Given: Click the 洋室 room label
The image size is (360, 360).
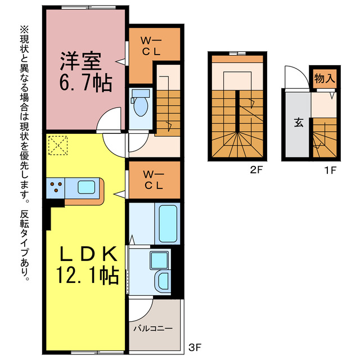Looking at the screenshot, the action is (x=80, y=61).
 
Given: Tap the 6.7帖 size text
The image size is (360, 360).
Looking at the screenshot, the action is (x=85, y=83).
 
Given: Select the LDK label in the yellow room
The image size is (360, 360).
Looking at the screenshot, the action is (x=88, y=254).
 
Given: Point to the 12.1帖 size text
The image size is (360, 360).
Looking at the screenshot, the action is (x=87, y=275).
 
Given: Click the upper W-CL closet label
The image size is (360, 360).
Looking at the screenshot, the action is (x=151, y=47).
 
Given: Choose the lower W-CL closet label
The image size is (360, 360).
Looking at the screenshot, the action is (x=154, y=180).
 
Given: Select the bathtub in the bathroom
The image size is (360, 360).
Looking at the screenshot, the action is (x=168, y=224).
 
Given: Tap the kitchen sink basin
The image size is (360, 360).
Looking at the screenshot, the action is (x=86, y=187).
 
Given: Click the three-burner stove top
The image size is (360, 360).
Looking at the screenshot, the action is (x=56, y=188).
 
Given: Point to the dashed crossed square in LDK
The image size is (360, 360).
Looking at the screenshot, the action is (x=58, y=145).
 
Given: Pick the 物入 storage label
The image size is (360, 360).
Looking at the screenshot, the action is (x=325, y=79).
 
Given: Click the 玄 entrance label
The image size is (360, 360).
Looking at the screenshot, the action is (x=299, y=123).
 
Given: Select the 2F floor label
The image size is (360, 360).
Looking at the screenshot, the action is (x=256, y=170).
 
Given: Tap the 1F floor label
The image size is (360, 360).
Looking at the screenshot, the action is (x=330, y=170).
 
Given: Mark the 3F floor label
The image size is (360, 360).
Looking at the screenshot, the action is (x=195, y=348).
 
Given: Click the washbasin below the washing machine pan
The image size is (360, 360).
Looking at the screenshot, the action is (x=163, y=281).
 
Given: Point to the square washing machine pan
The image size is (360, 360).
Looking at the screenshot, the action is (x=159, y=260).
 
